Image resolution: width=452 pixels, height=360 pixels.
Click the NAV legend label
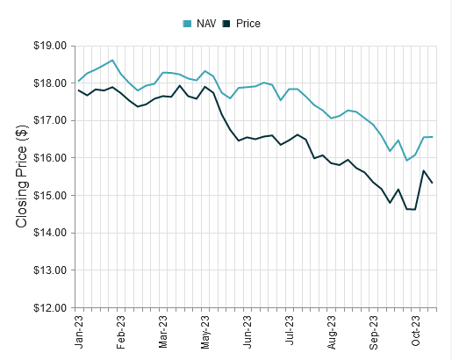tap(206, 23)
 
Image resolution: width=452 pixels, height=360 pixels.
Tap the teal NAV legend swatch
tap(186, 23)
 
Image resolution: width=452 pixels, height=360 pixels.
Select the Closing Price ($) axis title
tap(23, 176)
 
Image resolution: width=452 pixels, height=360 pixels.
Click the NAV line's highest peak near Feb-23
tap(112, 60)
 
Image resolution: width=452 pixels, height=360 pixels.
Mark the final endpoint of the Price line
tap(433, 183)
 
